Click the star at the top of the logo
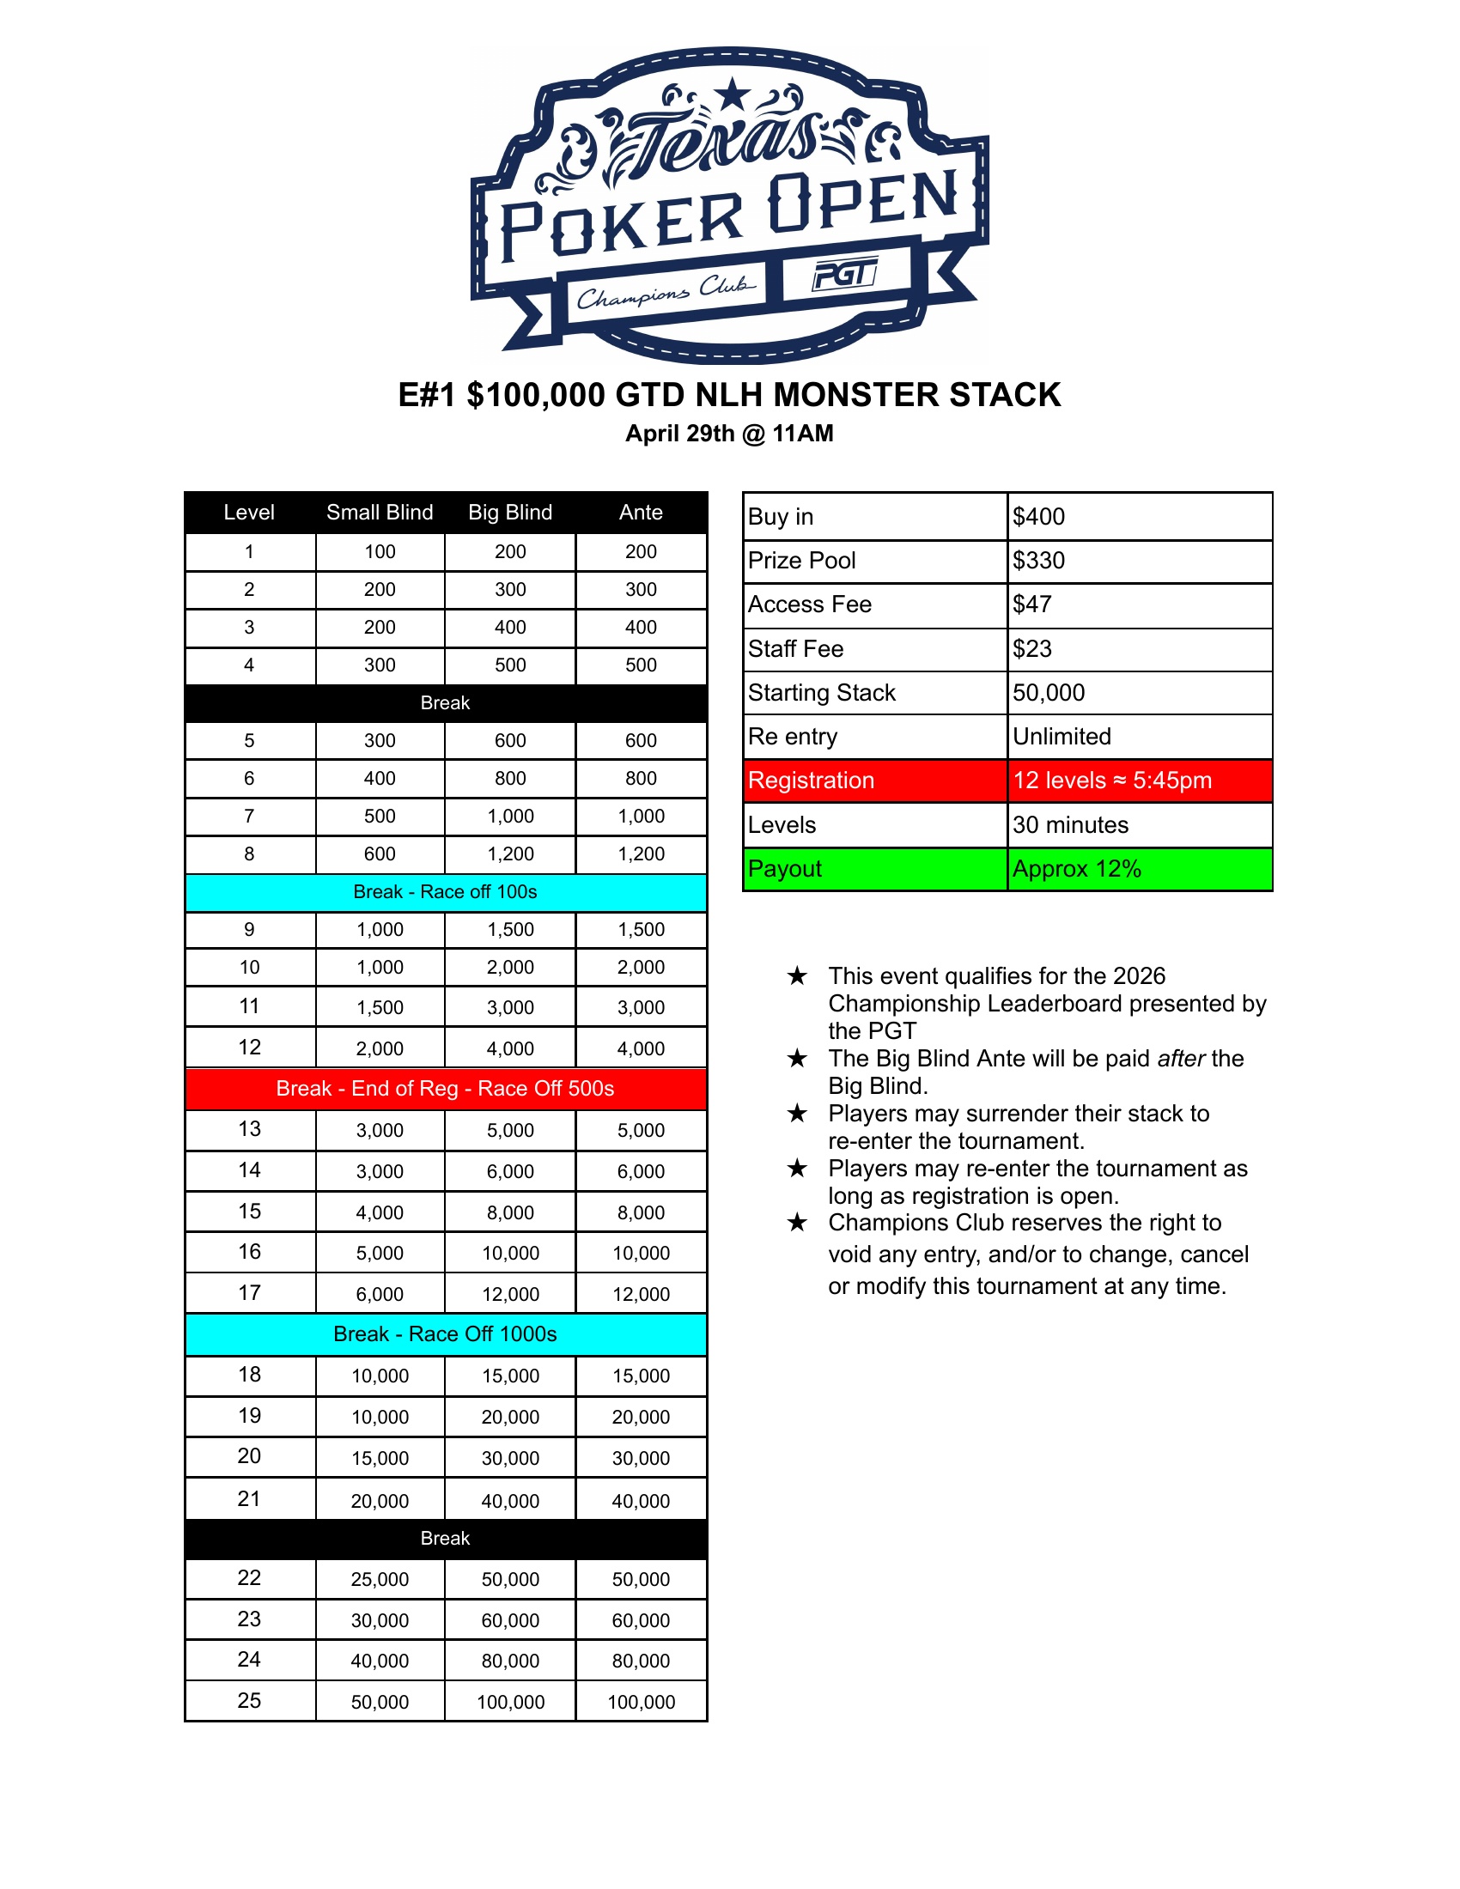click(733, 94)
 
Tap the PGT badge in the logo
click(845, 276)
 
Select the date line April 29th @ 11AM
click(729, 434)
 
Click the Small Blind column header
click(380, 512)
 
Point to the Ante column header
click(641, 512)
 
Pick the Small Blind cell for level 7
click(380, 816)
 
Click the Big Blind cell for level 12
click(510, 1048)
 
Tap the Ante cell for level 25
click(641, 1702)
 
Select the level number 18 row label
click(249, 1375)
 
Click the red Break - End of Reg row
click(446, 1088)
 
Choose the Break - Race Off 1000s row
click(446, 1333)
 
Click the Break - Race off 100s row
click(446, 892)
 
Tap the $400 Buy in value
click(1040, 516)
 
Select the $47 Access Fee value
click(1032, 604)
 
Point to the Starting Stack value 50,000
click(1049, 692)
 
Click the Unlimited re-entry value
click(1062, 736)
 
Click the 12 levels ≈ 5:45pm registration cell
click(1112, 781)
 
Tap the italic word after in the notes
click(1181, 1058)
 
